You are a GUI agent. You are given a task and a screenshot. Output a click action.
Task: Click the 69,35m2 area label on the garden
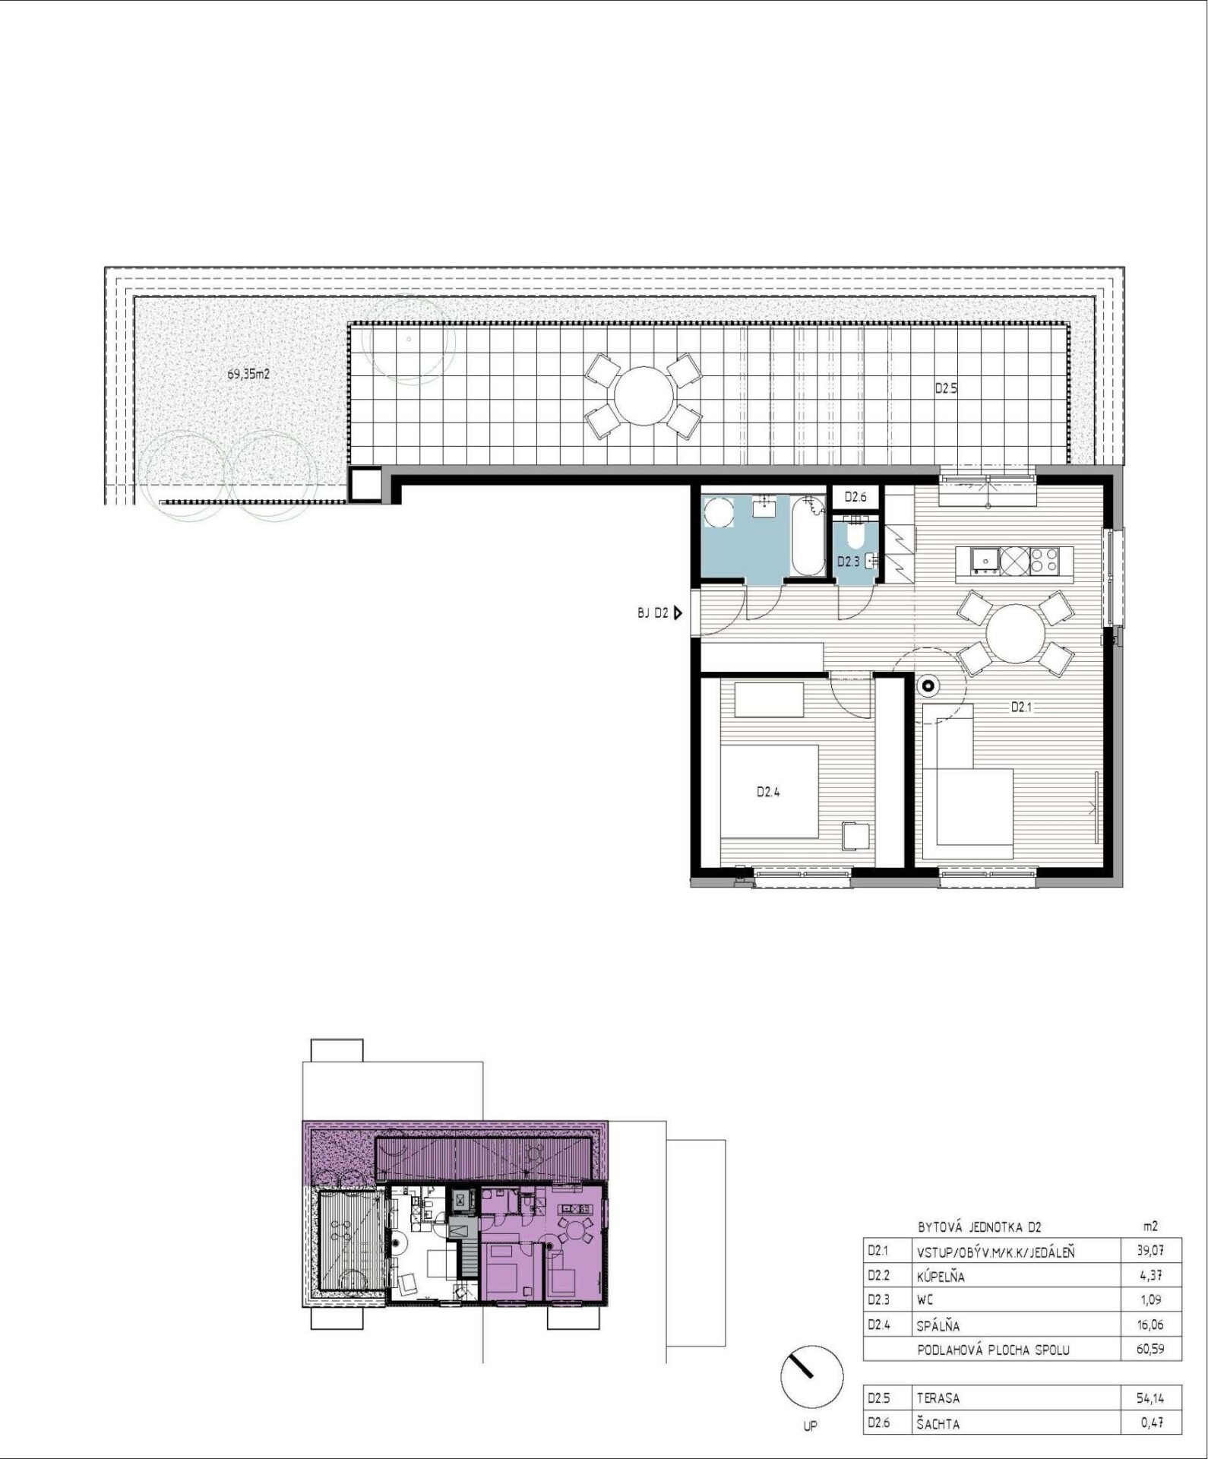248,374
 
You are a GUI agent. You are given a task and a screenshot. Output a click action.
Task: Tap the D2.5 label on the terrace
946,388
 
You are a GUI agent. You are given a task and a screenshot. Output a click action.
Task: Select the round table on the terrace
644,396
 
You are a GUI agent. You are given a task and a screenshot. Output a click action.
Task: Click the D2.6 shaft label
855,497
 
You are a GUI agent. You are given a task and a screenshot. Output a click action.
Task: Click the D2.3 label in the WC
848,562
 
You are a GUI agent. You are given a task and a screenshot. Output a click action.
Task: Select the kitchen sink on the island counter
985,561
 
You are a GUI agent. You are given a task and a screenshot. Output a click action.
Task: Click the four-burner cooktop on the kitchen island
1044,561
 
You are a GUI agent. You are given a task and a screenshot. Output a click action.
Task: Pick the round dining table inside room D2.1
1015,633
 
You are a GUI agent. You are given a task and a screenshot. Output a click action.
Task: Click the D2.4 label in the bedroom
768,792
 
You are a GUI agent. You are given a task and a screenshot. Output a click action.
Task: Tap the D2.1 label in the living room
1021,707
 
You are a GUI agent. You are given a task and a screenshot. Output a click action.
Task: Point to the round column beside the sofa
928,687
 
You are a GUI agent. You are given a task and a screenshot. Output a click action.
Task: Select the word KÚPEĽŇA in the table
941,1277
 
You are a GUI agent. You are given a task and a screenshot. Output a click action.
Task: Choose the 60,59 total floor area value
1150,1350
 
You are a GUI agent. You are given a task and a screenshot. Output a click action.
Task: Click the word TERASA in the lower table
938,1398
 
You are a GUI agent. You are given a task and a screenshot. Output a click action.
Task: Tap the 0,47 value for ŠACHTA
1152,1423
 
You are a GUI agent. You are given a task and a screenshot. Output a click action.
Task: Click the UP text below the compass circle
811,1426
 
